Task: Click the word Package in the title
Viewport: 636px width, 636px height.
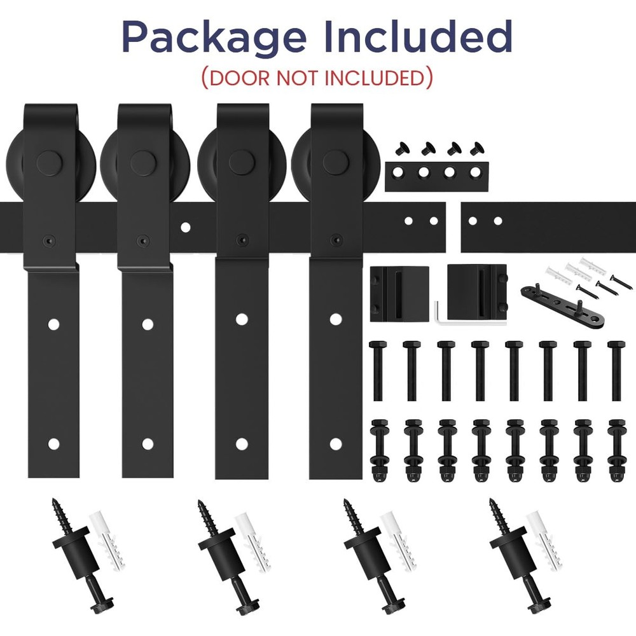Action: (214, 38)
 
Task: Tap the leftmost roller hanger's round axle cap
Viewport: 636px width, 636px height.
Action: (49, 163)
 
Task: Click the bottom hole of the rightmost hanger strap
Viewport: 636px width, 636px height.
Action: (335, 444)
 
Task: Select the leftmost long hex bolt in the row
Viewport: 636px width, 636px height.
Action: (377, 371)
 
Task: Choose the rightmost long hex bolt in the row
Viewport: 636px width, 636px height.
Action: (616, 371)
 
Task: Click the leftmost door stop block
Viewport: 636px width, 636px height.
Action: (399, 294)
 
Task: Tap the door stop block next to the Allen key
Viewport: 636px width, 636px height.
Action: (476, 293)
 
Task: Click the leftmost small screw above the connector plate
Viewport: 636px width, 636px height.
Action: (402, 148)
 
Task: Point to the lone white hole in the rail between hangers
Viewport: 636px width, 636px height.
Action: (185, 227)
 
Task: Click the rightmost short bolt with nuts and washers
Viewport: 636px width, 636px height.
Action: (617, 451)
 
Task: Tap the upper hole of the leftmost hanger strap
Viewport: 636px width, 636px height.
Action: (53, 324)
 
